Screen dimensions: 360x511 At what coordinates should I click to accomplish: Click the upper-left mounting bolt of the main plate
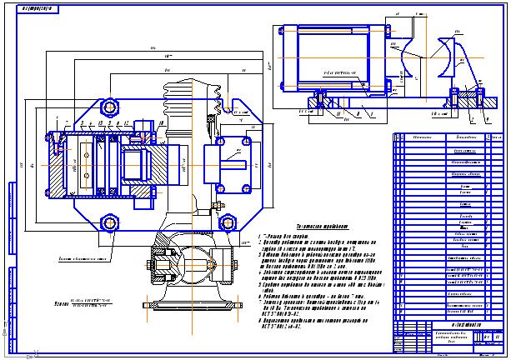pyautogui.click(x=110, y=107)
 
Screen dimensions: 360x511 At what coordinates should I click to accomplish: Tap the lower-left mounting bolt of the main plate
pyautogui.click(x=110, y=221)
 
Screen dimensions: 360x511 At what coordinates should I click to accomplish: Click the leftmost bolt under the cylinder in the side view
pyautogui.click(x=314, y=102)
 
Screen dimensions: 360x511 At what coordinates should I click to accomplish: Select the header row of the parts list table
pyautogui.click(x=448, y=134)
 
